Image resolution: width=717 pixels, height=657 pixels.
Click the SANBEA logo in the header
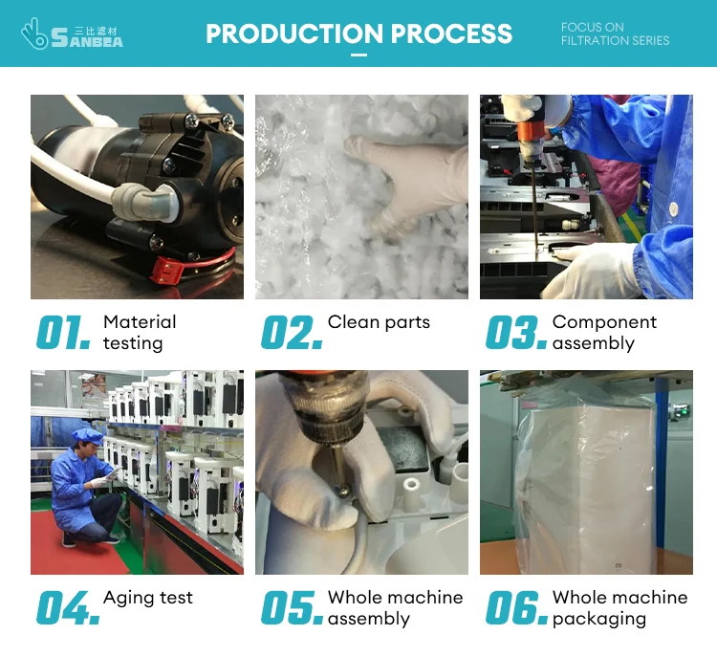[x=72, y=33]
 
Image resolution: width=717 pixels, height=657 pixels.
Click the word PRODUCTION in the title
[x=294, y=33]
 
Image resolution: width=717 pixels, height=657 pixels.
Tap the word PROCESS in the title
[x=452, y=33]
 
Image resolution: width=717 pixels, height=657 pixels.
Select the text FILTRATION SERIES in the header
[x=615, y=41]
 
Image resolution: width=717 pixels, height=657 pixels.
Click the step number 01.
[x=63, y=332]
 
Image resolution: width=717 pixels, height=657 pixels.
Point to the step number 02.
[x=292, y=332]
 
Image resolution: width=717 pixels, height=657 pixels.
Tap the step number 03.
[x=516, y=332]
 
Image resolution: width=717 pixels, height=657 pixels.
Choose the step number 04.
[x=68, y=607]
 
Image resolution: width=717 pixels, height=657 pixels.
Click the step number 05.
[x=292, y=607]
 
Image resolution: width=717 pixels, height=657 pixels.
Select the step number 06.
[x=516, y=607]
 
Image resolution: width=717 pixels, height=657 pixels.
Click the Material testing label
[x=140, y=333]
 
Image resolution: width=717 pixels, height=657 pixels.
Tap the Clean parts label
[x=379, y=322]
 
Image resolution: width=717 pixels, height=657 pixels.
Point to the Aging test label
[x=148, y=598]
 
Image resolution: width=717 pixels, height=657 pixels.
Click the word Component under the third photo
[x=604, y=322]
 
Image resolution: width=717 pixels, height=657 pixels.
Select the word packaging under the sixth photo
[x=599, y=619]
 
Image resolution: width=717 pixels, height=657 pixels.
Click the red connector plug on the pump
[x=167, y=270]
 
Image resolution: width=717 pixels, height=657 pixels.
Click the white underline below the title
[x=358, y=55]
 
